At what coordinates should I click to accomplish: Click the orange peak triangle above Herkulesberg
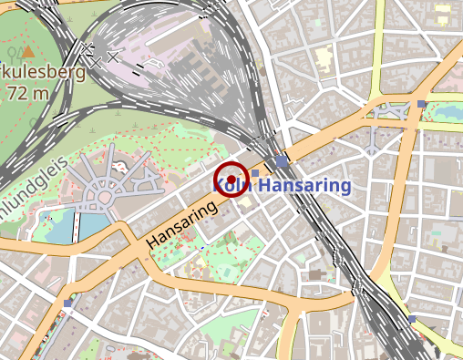pos(28,52)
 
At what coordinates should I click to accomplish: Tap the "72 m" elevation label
pos(28,92)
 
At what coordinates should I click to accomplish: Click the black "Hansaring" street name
pos(181,224)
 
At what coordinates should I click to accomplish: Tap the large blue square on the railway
pos(282,161)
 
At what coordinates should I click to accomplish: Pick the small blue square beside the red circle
pos(255,172)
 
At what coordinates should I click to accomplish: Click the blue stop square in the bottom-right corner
pos(412,319)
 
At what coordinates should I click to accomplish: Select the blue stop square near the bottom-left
pos(68,303)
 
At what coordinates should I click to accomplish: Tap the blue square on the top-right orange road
pos(421,105)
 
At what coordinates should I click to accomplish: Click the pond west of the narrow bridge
pos(60,229)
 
